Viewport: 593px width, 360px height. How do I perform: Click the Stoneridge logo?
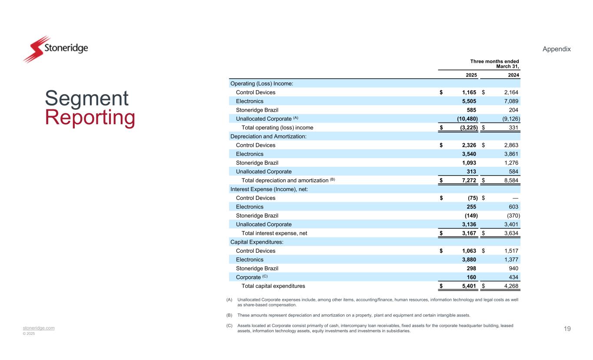(x=55, y=49)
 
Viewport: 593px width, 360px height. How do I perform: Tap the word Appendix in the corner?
(x=557, y=49)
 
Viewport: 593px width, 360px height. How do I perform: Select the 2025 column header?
(x=471, y=75)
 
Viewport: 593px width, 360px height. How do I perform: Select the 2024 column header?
(x=513, y=75)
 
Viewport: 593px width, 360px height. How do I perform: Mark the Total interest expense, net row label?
(x=274, y=233)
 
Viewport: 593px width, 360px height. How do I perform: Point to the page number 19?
(x=567, y=329)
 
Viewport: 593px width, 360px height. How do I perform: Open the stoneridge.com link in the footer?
(x=39, y=328)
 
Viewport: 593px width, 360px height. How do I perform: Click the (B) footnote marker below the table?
(x=229, y=315)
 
